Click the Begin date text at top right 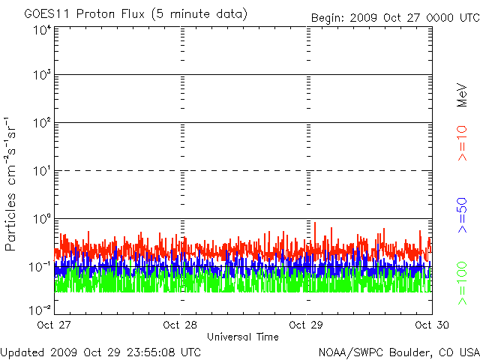point(395,18)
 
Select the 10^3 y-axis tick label point(42,75)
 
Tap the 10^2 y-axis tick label point(42,123)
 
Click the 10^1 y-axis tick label point(42,171)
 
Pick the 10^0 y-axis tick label point(42,219)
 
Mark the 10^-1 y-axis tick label point(40,267)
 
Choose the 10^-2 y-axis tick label point(40,310)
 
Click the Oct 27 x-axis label point(54,325)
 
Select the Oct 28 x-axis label point(180,325)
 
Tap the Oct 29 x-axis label point(306,325)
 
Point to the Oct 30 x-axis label point(432,325)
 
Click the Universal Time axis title point(243,337)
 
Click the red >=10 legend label point(462,143)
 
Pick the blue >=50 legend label point(462,215)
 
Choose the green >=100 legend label point(462,283)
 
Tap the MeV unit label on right point(462,95)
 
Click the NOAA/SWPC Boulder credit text point(399,352)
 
